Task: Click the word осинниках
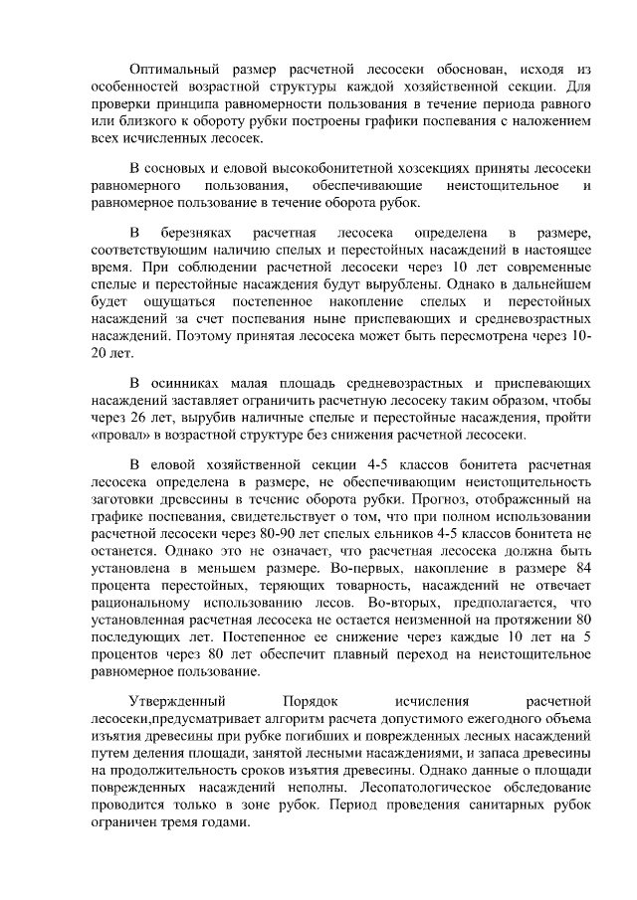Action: point(182,383)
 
